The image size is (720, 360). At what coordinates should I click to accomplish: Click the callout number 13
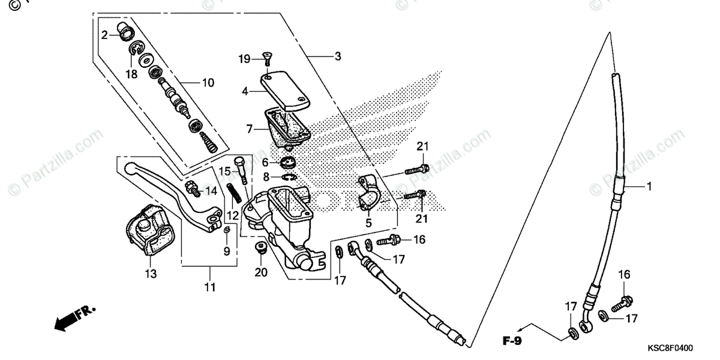(150, 274)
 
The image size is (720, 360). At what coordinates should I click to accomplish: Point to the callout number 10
(208, 83)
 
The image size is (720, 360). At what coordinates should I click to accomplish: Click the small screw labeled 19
(266, 59)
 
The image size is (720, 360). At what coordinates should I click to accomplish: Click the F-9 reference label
(512, 343)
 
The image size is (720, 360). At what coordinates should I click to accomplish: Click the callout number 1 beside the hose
(648, 187)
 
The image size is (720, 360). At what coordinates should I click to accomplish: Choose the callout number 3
(338, 57)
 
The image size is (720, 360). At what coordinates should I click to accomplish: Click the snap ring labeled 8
(289, 176)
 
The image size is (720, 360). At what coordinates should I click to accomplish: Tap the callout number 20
(260, 272)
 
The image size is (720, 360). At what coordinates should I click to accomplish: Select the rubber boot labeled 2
(126, 32)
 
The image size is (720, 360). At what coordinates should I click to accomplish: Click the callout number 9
(226, 251)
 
